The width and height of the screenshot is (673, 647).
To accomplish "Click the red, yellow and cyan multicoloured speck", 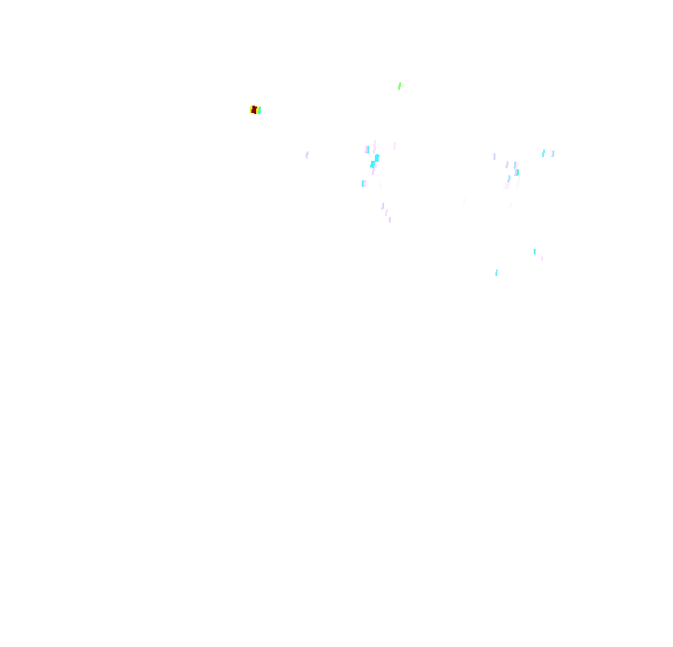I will pyautogui.click(x=255, y=110).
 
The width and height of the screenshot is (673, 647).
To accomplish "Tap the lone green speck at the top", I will pyautogui.click(x=399, y=86).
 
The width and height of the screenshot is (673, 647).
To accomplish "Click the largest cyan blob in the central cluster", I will pyautogui.click(x=374, y=163).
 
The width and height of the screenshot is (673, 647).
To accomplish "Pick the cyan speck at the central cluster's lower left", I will pyautogui.click(x=364, y=183).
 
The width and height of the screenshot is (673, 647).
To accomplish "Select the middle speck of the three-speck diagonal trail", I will pyautogui.click(x=386, y=212).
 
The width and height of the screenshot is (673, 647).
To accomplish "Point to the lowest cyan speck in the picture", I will pyautogui.click(x=496, y=273).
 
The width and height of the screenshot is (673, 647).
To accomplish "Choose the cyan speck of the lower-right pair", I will pyautogui.click(x=535, y=251).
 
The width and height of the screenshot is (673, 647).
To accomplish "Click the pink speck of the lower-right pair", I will pyautogui.click(x=542, y=258).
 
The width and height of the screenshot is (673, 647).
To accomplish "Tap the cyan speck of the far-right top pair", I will pyautogui.click(x=543, y=153).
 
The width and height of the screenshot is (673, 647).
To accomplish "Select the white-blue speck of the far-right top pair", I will pyautogui.click(x=551, y=153).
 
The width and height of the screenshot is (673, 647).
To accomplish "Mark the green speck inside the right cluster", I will pyautogui.click(x=517, y=173).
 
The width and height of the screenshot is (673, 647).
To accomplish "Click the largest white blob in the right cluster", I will pyautogui.click(x=506, y=185).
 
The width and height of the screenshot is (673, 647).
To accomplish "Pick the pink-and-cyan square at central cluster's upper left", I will pyautogui.click(x=367, y=150).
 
